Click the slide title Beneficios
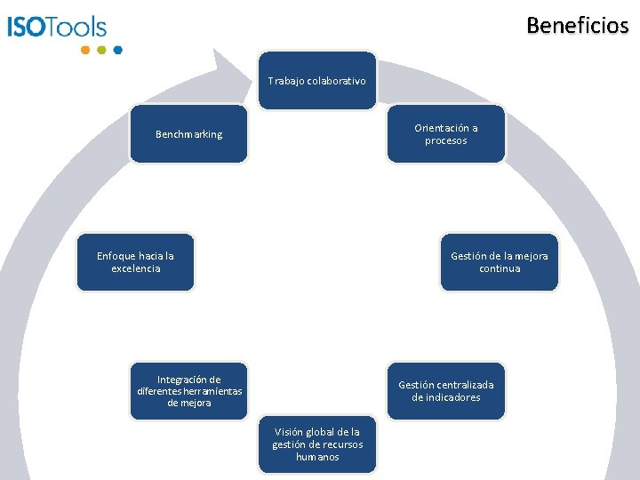coord(577,25)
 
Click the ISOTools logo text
coord(57,27)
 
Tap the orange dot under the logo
coord(85,50)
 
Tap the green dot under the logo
coord(101,50)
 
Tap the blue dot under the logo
coord(118,50)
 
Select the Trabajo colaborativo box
coord(317,81)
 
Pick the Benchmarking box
coord(188,134)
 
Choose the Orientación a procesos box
coord(445,134)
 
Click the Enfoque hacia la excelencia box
coord(135,262)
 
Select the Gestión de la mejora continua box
coord(499,262)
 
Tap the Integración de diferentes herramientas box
coord(188,391)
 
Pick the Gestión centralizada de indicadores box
coord(445,391)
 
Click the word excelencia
coord(136,268)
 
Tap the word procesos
coord(445,140)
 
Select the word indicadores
coord(445,397)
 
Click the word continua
coord(500,268)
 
